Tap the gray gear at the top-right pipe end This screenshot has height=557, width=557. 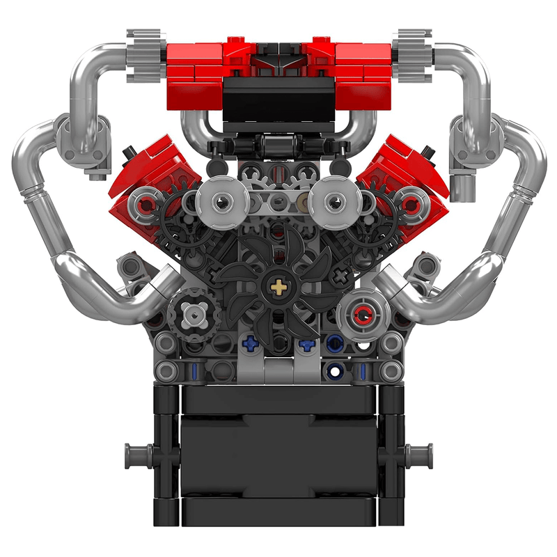point(412,45)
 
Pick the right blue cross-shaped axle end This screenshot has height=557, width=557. point(304,343)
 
